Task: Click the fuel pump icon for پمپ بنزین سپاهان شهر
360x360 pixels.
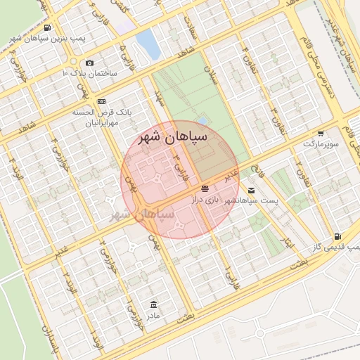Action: (x=47, y=27)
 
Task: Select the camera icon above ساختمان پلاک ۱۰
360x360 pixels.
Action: (x=89, y=63)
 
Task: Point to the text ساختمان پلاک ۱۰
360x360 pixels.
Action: (x=90, y=73)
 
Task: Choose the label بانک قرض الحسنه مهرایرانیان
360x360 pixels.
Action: (x=103, y=117)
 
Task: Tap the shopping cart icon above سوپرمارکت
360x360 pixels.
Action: (x=321, y=134)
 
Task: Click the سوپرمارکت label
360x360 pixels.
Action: (x=321, y=143)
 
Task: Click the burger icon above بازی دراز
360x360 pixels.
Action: (x=205, y=189)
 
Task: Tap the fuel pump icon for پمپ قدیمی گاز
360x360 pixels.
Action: (x=338, y=237)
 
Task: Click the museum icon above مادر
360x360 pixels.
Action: (x=153, y=304)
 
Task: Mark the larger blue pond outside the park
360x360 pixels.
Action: (x=148, y=44)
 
